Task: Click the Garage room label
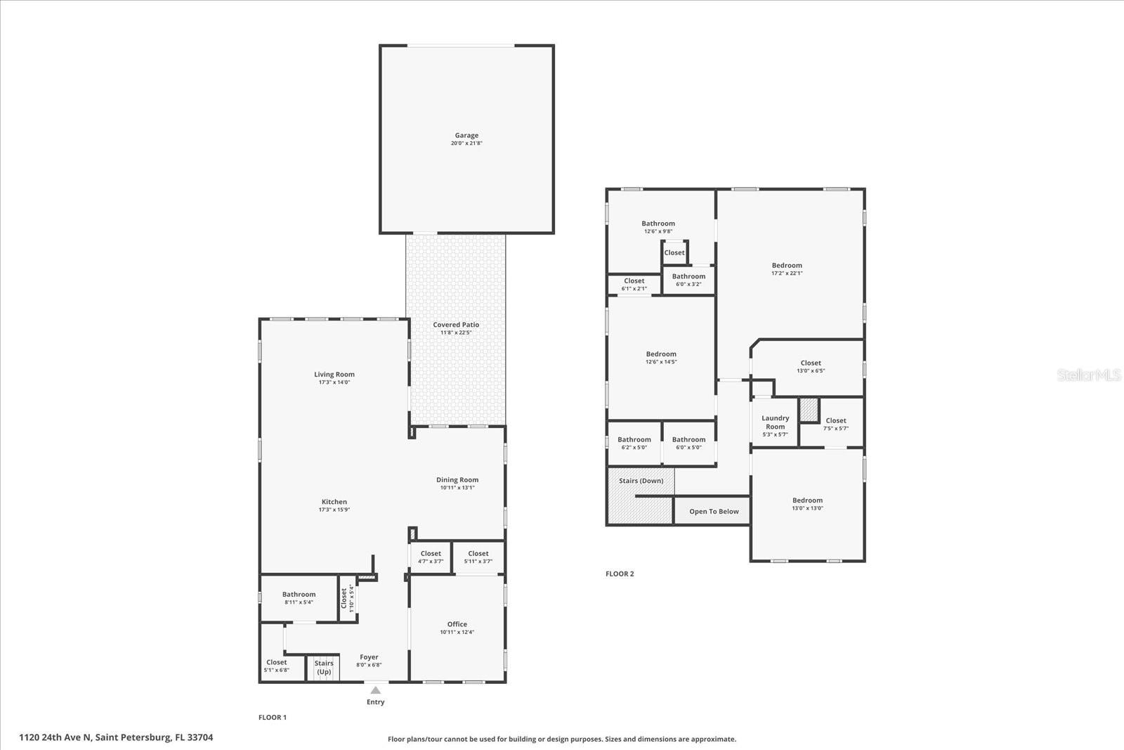466,136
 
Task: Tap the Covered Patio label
456,325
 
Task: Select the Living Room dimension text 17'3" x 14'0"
334,382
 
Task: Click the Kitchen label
334,502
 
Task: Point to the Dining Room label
457,480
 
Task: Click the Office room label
457,624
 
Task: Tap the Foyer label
369,657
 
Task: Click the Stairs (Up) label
324,668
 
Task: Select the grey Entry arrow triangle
376,690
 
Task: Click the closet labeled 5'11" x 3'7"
478,557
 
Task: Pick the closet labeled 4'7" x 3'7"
431,557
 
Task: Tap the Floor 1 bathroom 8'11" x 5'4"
299,598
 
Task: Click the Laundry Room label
776,422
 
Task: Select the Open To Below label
714,512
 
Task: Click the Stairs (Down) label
641,481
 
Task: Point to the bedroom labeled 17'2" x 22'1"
787,269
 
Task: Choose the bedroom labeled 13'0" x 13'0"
808,504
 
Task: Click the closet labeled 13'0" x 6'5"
811,367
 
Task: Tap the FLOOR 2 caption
620,574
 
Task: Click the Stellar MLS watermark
1090,375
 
